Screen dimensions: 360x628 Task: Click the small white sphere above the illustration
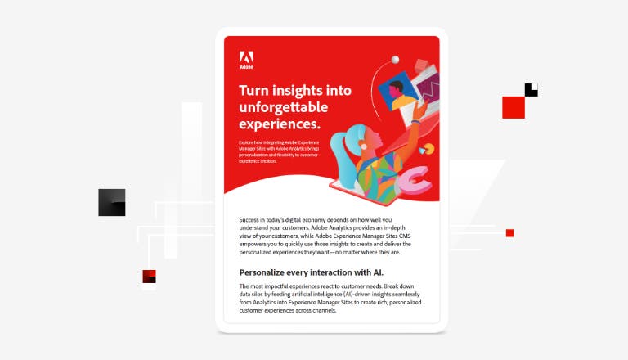[395, 59]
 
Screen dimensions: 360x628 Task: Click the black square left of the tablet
[112, 202]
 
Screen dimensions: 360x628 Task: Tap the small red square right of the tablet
[509, 233]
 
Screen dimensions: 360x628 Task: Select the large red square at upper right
[514, 107]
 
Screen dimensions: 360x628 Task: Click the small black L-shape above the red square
[532, 91]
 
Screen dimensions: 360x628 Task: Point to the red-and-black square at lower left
[149, 277]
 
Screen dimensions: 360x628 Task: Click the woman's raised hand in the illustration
[426, 107]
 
